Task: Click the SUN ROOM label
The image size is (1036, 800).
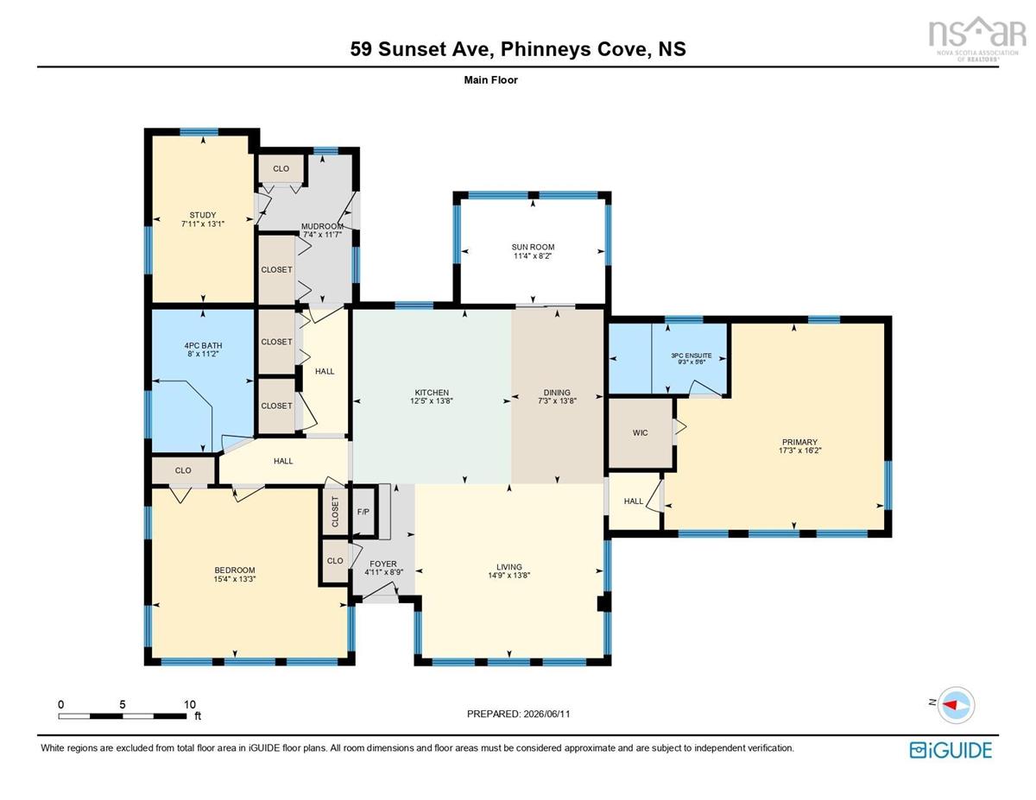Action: (x=533, y=247)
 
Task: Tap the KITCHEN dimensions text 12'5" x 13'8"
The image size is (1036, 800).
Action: (x=432, y=401)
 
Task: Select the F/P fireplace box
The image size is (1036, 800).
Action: (x=363, y=513)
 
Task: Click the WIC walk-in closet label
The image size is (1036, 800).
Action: (x=640, y=432)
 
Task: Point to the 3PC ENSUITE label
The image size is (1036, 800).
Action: (x=692, y=356)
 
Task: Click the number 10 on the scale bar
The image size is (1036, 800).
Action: (x=190, y=704)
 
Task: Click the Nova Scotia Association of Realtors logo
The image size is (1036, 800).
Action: (x=977, y=39)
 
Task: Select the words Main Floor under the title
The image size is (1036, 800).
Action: (x=490, y=80)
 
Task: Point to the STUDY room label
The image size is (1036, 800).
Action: (x=203, y=215)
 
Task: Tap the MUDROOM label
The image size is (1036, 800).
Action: (x=322, y=226)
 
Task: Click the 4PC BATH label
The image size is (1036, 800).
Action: (x=203, y=345)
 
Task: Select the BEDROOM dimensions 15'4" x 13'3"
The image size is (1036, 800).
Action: (x=235, y=579)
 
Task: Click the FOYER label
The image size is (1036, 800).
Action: (x=382, y=564)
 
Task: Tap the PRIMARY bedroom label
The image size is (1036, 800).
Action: (x=799, y=442)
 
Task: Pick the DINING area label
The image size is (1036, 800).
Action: (x=557, y=393)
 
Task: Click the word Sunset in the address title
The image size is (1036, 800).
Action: (x=409, y=49)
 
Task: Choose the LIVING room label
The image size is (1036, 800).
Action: (x=509, y=566)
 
